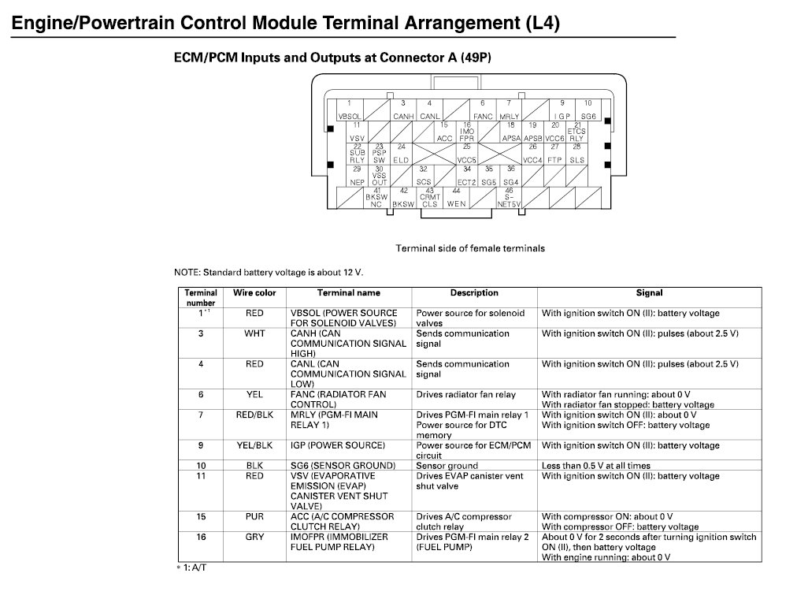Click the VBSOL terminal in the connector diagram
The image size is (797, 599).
pos(349,110)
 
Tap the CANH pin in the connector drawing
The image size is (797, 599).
pos(403,110)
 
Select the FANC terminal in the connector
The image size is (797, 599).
pos(483,110)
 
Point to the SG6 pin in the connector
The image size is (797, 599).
pos(588,110)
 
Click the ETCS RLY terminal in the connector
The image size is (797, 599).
pos(576,132)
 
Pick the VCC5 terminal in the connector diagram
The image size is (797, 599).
pos(467,154)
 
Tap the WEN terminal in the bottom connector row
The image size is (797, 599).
pos(457,198)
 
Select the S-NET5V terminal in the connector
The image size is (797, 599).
pos(510,198)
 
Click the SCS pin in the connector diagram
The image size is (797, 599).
pos(424,176)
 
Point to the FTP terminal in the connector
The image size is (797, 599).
pos(554,154)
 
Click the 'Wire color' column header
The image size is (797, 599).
pos(254,293)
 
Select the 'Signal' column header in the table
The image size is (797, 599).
pos(649,293)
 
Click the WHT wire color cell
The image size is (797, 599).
pos(254,333)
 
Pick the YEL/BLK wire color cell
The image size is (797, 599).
pos(254,445)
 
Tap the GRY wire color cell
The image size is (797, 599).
pos(254,537)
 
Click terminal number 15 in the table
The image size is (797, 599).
pos(201,517)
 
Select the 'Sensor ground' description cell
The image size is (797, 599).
pos(447,466)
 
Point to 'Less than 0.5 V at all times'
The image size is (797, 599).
pos(596,466)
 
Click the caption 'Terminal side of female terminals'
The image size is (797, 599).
pos(469,248)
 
